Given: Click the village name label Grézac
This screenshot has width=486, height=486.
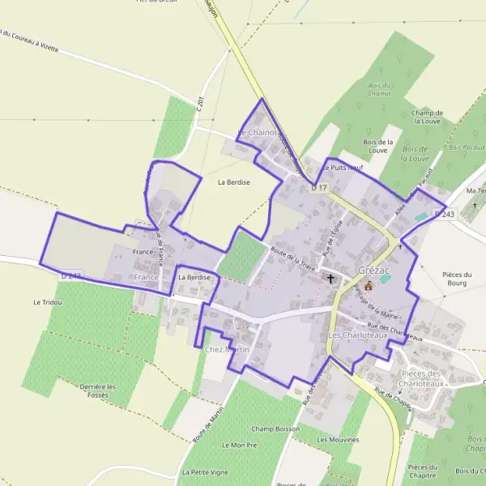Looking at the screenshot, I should pos(372,270).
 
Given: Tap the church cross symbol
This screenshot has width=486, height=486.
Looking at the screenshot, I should pos(330,278).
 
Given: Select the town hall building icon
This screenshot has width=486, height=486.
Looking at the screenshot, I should pos(369,285).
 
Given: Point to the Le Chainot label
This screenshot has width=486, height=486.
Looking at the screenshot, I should pos(258,132).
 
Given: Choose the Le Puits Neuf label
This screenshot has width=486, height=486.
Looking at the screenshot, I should pos(343,168).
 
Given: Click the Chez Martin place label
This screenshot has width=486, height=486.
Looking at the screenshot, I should pos(226,349).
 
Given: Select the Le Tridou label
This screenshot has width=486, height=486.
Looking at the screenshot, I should pos(47,301).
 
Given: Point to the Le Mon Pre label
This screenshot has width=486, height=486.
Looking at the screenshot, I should pos(239,446).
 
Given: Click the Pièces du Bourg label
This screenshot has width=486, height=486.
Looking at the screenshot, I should pos(463,279).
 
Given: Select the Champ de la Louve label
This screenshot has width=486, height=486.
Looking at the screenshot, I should pos(427,117).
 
